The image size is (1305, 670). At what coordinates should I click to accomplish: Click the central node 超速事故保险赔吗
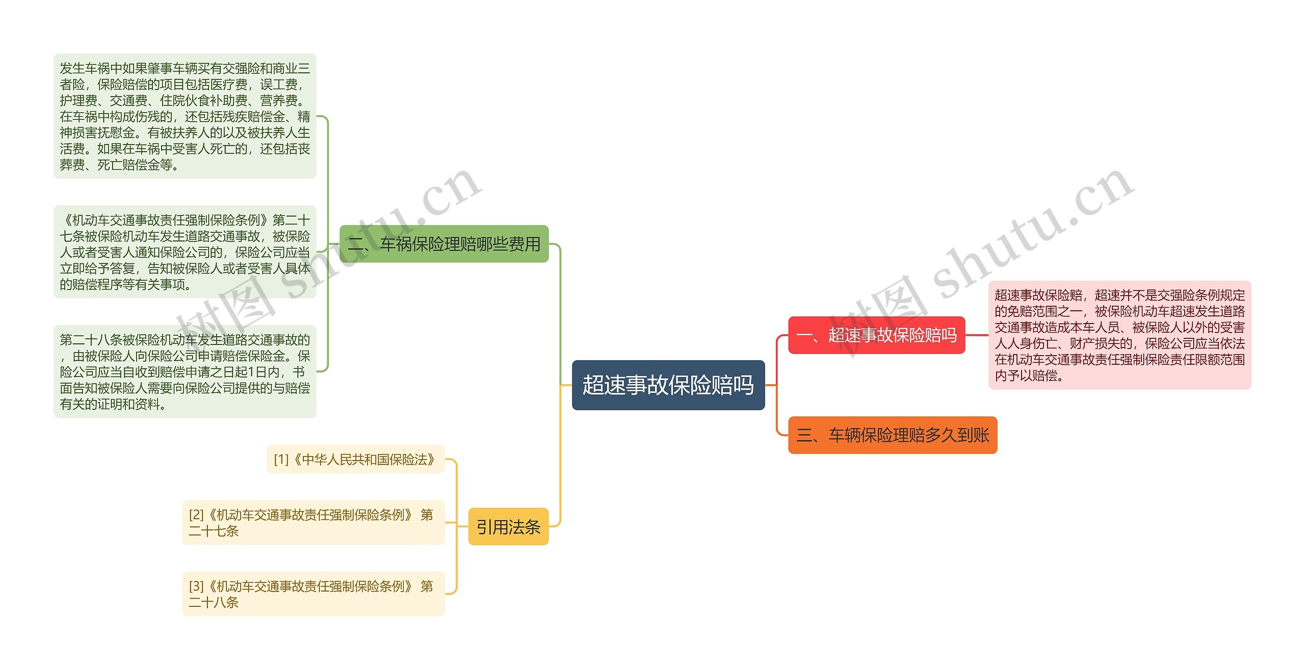668,385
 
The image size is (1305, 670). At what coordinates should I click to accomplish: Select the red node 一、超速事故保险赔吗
876,335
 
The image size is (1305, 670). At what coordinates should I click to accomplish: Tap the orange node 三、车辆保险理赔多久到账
892,435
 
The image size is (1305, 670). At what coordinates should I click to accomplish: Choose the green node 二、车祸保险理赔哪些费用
443,244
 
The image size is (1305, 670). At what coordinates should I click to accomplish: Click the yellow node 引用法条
508,527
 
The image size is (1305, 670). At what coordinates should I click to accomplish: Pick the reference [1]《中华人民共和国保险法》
356,460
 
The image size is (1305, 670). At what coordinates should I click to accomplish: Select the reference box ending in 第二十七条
313,523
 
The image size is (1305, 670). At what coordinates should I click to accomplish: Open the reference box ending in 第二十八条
313,594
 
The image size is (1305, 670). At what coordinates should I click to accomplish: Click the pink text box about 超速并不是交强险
1119,335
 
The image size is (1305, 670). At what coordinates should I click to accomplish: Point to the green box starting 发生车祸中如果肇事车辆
185,116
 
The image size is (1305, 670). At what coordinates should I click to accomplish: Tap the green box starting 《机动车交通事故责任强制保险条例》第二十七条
185,252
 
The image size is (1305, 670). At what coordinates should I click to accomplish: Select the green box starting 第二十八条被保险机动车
185,372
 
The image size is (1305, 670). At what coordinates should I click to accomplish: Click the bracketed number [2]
196,515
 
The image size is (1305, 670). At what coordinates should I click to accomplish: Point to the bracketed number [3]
196,586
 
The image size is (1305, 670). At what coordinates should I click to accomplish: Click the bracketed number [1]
281,460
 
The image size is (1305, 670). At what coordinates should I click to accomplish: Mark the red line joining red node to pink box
977,335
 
